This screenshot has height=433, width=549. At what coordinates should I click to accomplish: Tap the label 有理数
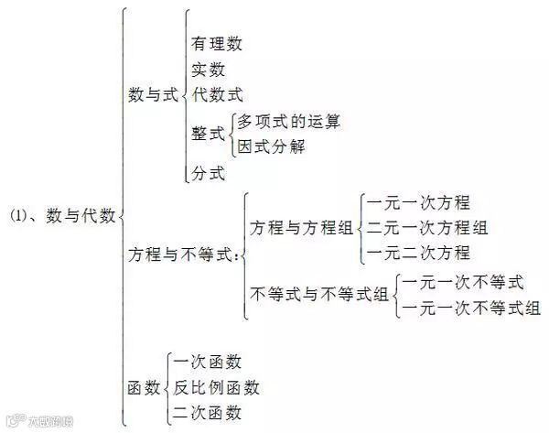(x=218, y=43)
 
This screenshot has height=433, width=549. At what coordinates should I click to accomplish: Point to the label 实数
(x=209, y=69)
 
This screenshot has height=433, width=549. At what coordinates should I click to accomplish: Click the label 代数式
(x=218, y=93)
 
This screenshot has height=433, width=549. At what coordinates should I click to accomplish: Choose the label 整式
(x=208, y=133)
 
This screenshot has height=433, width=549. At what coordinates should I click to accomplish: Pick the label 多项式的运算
(x=288, y=121)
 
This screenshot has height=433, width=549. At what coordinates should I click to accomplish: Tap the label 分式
(x=208, y=172)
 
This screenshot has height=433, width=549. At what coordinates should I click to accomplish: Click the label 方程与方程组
(x=302, y=228)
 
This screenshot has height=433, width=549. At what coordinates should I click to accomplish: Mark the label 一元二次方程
(x=417, y=253)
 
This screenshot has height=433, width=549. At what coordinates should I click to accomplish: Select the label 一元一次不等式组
(x=470, y=307)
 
